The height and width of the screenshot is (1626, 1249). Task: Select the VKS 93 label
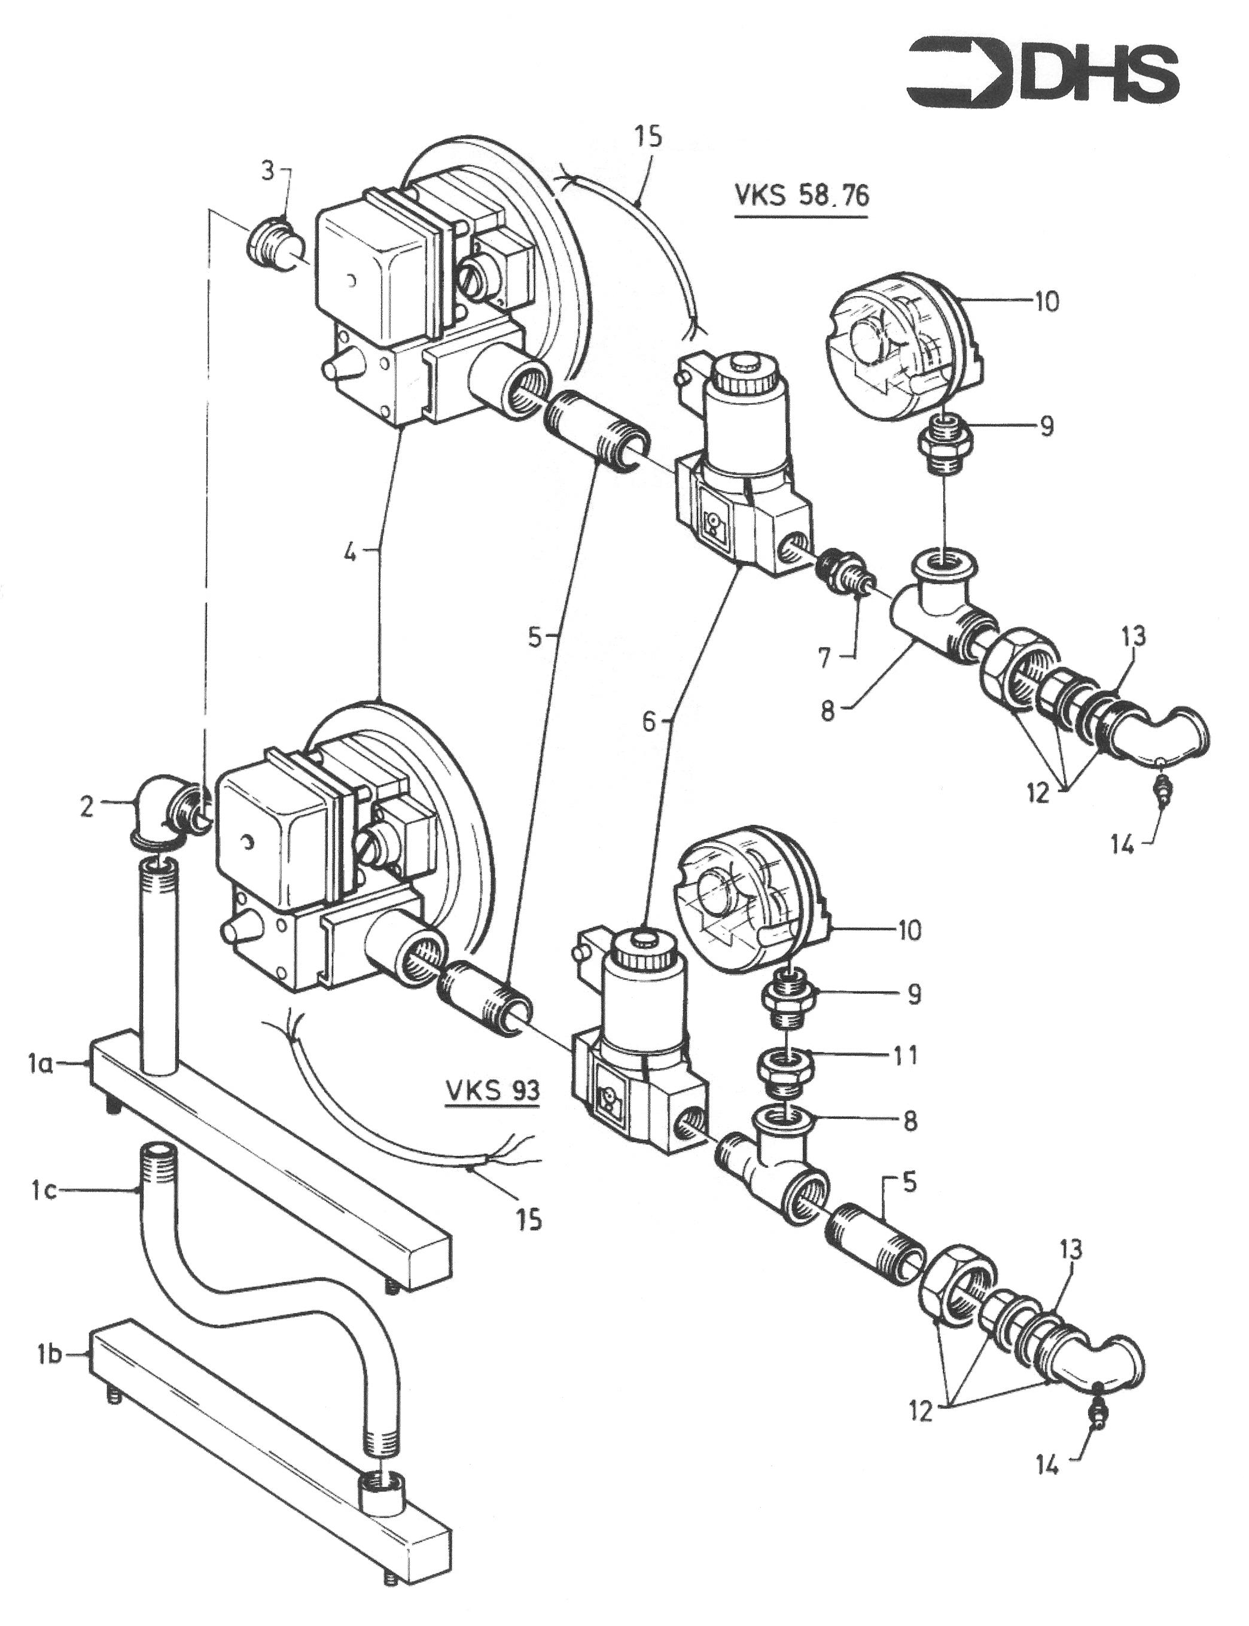(x=492, y=1090)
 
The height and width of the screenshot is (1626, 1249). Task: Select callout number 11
(x=905, y=1055)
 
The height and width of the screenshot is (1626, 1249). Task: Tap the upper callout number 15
(x=648, y=139)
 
